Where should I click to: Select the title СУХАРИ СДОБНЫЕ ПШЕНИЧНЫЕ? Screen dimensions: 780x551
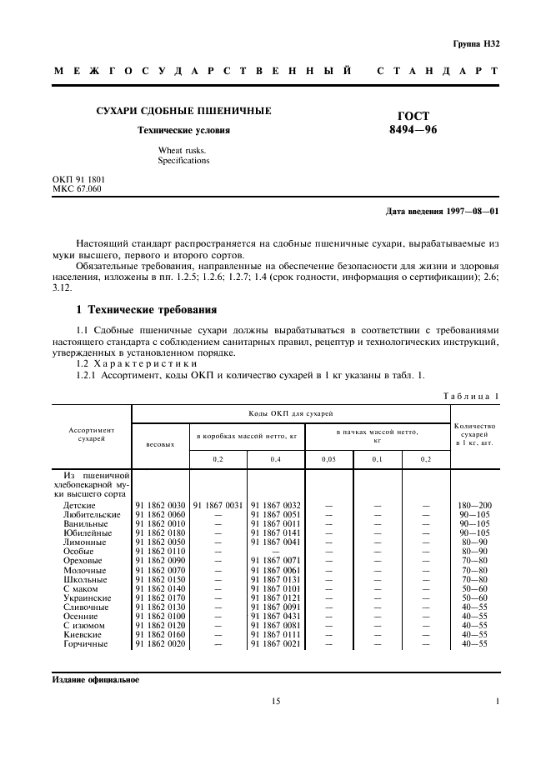pyautogui.click(x=183, y=111)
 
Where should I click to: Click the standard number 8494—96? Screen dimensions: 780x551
pyautogui.click(x=414, y=130)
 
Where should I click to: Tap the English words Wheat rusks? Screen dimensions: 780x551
pyautogui.click(x=183, y=151)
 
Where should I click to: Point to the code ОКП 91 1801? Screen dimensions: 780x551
pyautogui.click(x=78, y=179)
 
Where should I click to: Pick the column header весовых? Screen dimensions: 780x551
pyautogui.click(x=160, y=443)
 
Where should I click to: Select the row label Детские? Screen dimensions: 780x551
pyautogui.click(x=79, y=506)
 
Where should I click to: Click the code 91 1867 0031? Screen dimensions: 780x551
pyautogui.click(x=218, y=506)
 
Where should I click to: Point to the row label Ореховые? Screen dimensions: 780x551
pyautogui.click(x=82, y=561)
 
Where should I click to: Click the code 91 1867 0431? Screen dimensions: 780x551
pyautogui.click(x=276, y=616)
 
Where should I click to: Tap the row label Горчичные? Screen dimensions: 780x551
pyautogui.click(x=84, y=643)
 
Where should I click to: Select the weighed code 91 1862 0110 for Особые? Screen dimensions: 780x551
pyautogui.click(x=160, y=552)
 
